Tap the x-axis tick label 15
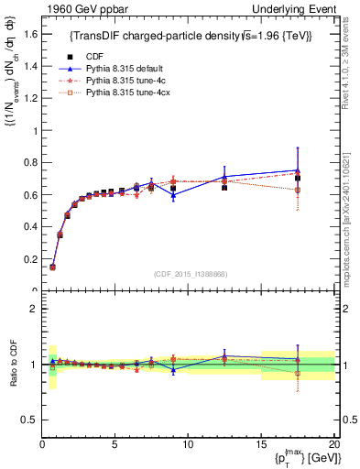coord(261,444)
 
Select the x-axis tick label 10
coord(188,444)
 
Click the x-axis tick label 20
coord(333,444)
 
